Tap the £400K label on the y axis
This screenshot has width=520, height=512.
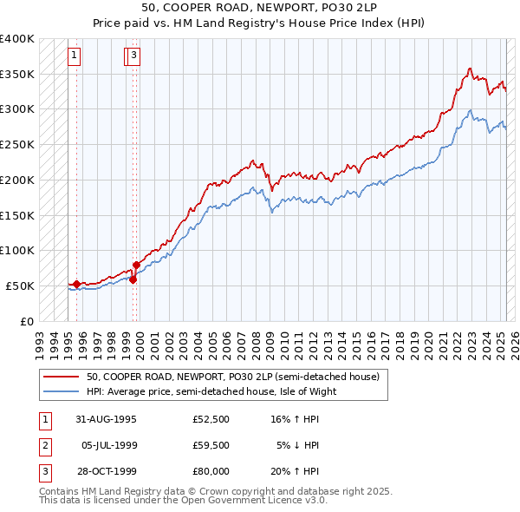point(16,39)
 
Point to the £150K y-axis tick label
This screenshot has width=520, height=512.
point(16,214)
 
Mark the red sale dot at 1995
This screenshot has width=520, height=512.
point(76,284)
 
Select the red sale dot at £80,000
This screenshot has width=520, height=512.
point(136,265)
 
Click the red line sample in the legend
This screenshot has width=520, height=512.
point(62,377)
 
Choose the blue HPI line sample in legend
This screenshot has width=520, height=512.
point(62,391)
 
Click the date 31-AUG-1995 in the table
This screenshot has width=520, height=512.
point(106,419)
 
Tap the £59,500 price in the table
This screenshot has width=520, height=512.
point(211,445)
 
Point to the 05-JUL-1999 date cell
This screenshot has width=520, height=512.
point(108,445)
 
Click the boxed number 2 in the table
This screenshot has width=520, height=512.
point(44,445)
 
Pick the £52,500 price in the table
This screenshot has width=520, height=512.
point(211,419)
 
